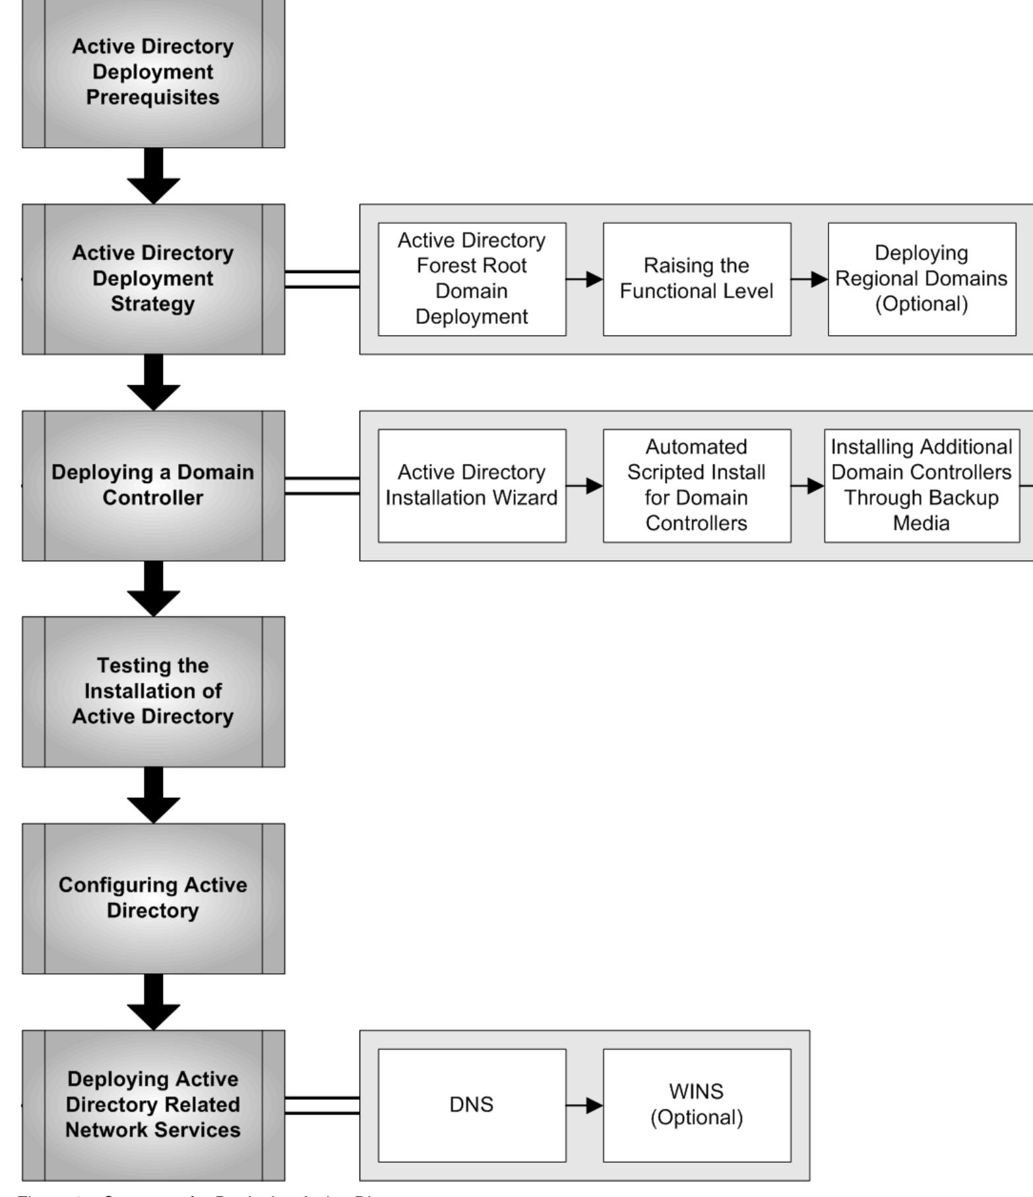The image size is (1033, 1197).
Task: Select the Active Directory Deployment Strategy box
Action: [153, 278]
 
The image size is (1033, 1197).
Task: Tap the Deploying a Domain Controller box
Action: [153, 485]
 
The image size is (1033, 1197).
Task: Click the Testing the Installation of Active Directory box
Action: [153, 691]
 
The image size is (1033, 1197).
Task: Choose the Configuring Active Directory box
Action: [153, 897]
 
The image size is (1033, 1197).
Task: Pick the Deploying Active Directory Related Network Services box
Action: [153, 1104]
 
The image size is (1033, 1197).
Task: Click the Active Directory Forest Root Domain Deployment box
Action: [472, 278]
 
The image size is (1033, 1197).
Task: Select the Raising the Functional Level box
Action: [697, 278]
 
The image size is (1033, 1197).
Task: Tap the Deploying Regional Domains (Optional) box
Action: [922, 278]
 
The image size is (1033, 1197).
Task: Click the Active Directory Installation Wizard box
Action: [472, 485]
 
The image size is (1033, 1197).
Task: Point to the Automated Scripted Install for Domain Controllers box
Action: [697, 485]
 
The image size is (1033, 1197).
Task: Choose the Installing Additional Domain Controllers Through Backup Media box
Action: [922, 485]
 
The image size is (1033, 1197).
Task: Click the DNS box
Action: [472, 1105]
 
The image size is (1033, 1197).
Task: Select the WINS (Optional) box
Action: [697, 1105]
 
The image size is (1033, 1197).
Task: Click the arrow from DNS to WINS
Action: [584, 1105]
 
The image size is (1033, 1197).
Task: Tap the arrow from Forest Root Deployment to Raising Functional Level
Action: [584, 279]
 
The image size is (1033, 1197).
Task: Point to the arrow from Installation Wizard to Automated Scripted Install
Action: [584, 486]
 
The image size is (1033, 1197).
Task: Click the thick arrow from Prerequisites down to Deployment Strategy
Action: [153, 176]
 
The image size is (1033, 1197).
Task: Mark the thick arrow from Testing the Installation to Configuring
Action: [153, 795]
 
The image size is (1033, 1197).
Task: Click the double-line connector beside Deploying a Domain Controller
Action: [322, 485]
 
